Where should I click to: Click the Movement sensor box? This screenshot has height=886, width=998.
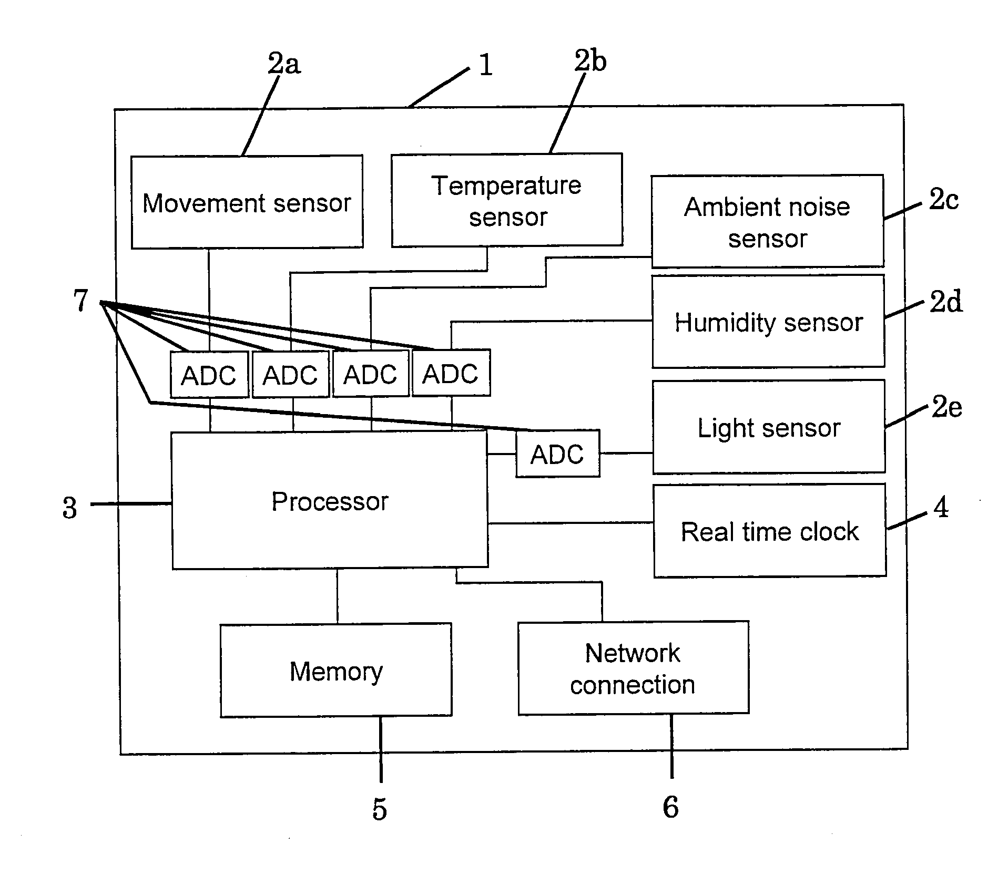247,202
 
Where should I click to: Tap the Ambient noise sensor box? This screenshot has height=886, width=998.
767,221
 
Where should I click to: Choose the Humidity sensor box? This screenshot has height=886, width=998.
768,321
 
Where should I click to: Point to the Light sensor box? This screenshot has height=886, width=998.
769,427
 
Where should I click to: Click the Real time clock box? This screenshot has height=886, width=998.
770,531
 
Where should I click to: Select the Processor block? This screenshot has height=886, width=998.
330,500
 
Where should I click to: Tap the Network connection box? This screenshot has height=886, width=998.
633,668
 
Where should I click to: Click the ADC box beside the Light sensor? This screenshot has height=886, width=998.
557,454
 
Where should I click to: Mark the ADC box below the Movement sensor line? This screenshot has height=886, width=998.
209,374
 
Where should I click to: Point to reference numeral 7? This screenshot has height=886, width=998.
80,301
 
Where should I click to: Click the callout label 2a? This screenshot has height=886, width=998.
284,64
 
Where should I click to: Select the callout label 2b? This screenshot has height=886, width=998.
590,60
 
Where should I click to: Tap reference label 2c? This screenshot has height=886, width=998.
943,199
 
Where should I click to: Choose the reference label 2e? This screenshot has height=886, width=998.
946,407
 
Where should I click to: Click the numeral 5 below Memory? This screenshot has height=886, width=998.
380,809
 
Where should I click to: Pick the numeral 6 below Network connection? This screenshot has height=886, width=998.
670,807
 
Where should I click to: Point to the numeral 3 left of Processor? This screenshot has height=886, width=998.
69,508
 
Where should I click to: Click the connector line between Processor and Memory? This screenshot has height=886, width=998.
337,596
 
